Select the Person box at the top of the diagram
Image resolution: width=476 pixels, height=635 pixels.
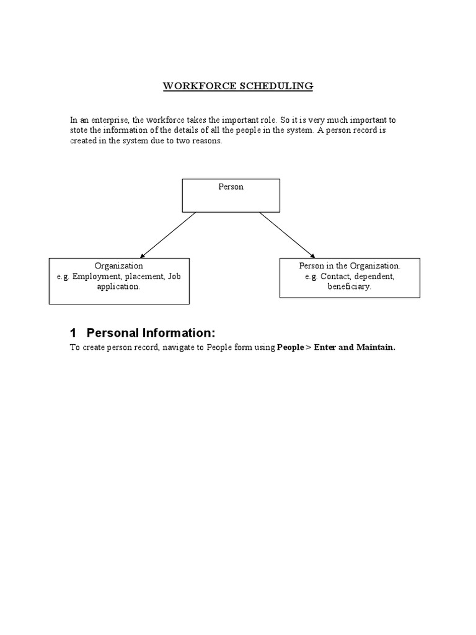click(x=231, y=195)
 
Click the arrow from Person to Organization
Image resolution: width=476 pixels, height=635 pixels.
click(x=168, y=234)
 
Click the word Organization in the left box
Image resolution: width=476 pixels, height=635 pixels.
click(x=119, y=265)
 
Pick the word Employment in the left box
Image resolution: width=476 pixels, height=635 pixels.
click(x=96, y=276)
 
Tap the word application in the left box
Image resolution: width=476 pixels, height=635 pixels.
click(x=118, y=287)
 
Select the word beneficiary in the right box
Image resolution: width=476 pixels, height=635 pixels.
click(x=350, y=287)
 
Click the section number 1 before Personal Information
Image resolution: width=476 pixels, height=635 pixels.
click(x=73, y=332)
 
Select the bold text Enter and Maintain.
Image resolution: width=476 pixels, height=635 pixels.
click(x=355, y=347)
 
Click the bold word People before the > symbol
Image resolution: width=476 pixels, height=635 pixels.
click(x=291, y=347)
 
